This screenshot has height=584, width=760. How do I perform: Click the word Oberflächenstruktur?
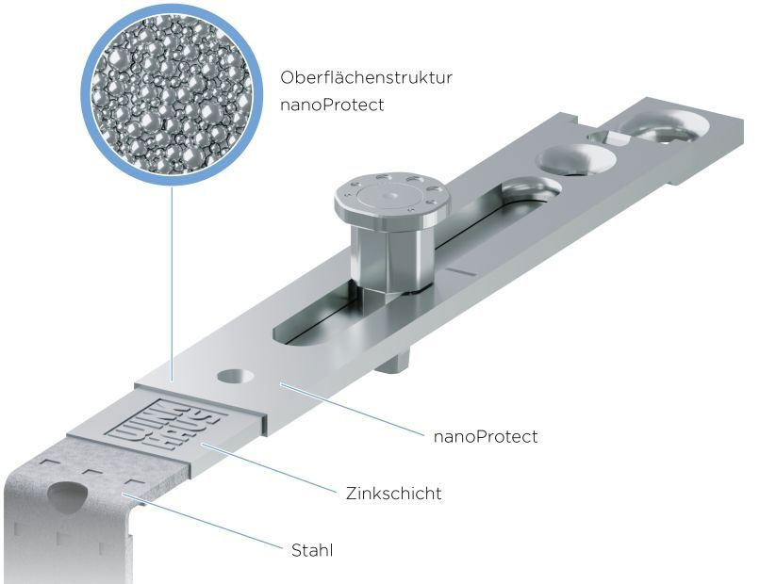click(x=366, y=77)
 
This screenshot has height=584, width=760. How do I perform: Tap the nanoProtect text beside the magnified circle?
click(x=332, y=105)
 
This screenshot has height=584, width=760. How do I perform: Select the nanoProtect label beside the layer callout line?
click(x=486, y=437)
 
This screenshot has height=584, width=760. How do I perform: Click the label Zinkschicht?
click(x=393, y=494)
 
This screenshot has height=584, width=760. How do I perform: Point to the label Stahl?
click(x=312, y=550)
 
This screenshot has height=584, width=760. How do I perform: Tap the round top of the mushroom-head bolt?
click(x=392, y=200)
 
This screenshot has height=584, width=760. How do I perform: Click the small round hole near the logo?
click(x=236, y=376)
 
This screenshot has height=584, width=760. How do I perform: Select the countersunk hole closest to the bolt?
click(x=530, y=189)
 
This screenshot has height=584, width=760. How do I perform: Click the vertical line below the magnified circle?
click(x=172, y=284)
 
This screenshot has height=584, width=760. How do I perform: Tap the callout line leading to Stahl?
click(x=202, y=522)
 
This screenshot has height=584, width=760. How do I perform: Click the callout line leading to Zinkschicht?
click(x=268, y=468)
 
